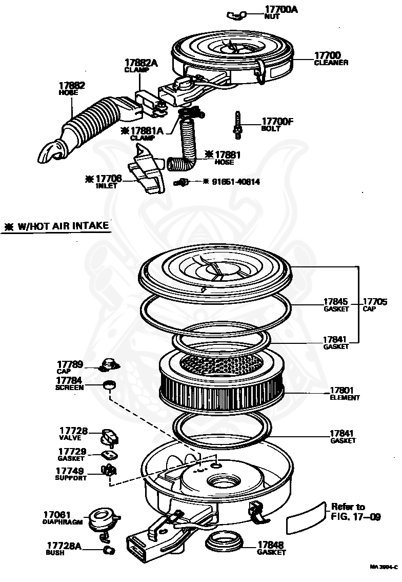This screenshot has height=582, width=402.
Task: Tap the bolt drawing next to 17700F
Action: pyautogui.click(x=237, y=125)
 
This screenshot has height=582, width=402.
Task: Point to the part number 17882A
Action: pyautogui.click(x=140, y=63)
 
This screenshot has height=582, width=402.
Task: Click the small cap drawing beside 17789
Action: pyautogui.click(x=109, y=365)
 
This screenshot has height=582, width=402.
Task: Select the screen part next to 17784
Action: pyautogui.click(x=109, y=385)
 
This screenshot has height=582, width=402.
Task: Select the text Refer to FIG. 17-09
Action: pyautogui.click(x=355, y=512)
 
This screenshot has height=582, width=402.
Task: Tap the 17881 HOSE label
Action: pyautogui.click(x=227, y=157)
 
